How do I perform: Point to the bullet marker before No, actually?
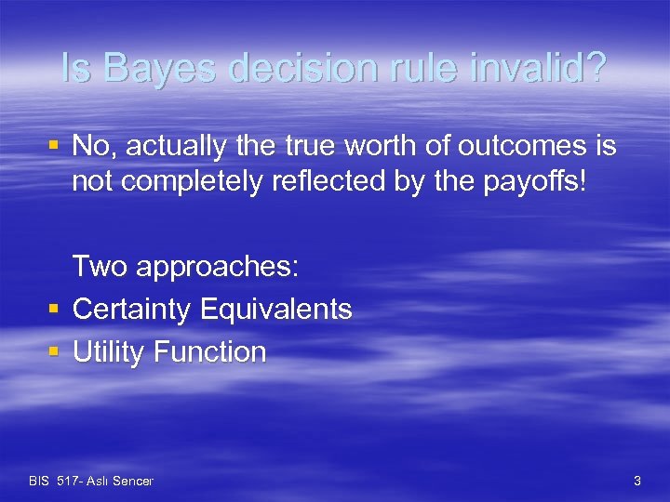click(53, 146)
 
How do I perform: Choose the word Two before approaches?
click(100, 267)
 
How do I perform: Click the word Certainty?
click(136, 310)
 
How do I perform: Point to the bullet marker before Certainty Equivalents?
click(53, 310)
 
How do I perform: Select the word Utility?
click(110, 352)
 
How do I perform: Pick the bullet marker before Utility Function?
click(53, 352)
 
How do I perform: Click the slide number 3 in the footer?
click(636, 481)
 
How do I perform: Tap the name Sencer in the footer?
click(132, 481)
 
